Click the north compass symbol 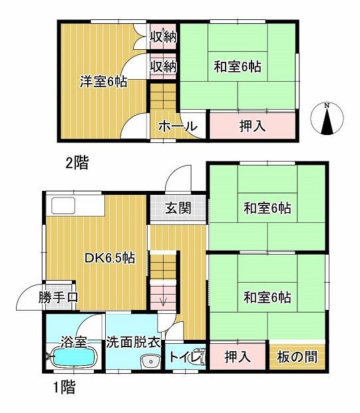[327, 118]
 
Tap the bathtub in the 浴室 [75, 357]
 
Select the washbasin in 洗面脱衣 [151, 362]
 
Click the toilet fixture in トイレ [198, 356]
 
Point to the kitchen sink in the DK [63, 206]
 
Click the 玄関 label [178, 208]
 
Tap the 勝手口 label [59, 297]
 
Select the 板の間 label [297, 357]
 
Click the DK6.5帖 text [110, 258]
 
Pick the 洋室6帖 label [104, 82]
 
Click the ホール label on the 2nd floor [178, 126]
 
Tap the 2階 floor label [77, 162]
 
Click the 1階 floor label [65, 387]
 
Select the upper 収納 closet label [163, 37]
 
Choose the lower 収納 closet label [163, 66]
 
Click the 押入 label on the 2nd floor [252, 126]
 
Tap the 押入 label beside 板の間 [238, 357]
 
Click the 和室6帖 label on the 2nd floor [238, 67]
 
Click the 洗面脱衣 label [133, 343]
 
